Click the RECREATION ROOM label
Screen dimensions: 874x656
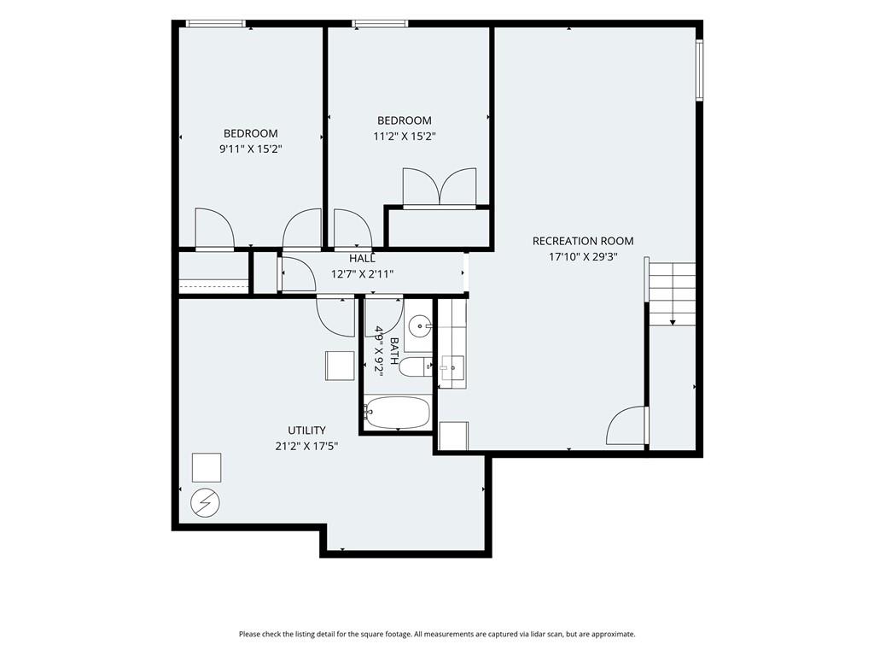pos(582,241)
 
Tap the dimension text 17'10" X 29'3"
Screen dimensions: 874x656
pos(583,257)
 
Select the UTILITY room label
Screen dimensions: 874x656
pos(306,430)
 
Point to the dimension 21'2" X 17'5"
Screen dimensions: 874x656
pos(306,446)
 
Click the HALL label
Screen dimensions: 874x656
pos(362,258)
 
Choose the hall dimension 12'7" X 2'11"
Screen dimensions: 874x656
pos(362,274)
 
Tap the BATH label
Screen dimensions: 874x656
pos(394,351)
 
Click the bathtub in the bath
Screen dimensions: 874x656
pos(398,413)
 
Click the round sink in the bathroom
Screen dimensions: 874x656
pos(419,325)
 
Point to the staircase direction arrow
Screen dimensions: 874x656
pos(673,322)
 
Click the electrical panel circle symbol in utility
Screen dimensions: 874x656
pos(205,504)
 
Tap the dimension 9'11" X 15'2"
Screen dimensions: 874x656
pos(251,149)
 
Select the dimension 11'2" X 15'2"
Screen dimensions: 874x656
pos(404,136)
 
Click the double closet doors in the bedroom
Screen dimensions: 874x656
pos(440,187)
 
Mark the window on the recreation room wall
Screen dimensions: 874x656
pos(700,70)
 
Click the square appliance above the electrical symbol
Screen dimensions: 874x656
pos(207,467)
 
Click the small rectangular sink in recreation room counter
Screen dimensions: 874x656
pos(452,367)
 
